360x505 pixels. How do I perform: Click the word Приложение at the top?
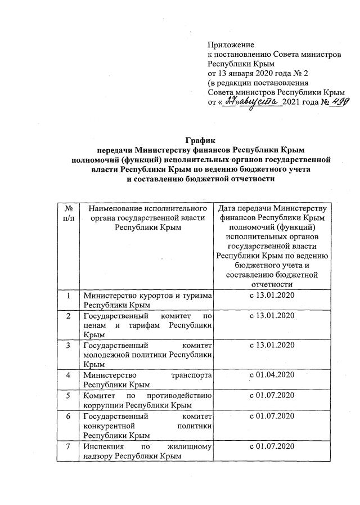pyautogui.click(x=231, y=44)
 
